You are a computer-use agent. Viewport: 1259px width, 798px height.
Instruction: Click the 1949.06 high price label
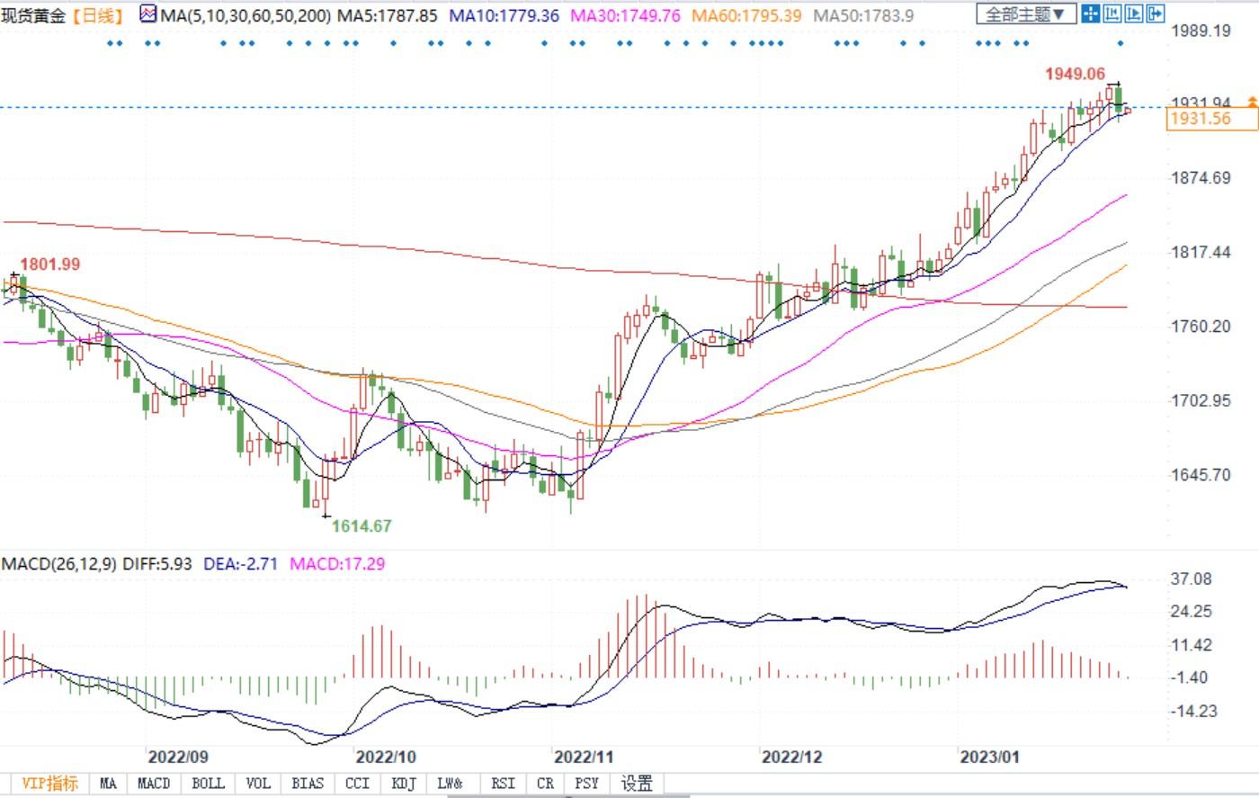1075,74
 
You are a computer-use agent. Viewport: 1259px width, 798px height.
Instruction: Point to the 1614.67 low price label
362,526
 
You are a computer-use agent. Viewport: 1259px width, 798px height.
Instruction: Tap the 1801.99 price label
50,265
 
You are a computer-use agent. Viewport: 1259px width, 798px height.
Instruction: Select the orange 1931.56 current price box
1201,119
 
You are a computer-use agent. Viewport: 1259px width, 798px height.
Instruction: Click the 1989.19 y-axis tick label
1201,31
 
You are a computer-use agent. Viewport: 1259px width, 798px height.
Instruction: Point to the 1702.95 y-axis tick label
1201,400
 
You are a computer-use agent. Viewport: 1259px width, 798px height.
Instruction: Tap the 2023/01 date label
990,757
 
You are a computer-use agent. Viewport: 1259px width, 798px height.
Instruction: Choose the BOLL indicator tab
208,784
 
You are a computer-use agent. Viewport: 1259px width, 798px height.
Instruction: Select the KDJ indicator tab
404,784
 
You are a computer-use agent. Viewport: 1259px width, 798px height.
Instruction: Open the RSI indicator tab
503,784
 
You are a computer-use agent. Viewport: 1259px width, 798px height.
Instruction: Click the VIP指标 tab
50,784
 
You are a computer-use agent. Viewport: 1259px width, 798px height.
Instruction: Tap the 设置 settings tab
637,784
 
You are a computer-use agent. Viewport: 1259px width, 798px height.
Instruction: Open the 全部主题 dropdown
1026,14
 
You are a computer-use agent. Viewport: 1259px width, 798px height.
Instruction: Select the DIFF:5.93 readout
157,564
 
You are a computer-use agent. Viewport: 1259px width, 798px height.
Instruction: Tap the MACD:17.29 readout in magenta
335,564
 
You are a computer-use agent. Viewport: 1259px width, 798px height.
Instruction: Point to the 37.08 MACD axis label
1192,578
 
